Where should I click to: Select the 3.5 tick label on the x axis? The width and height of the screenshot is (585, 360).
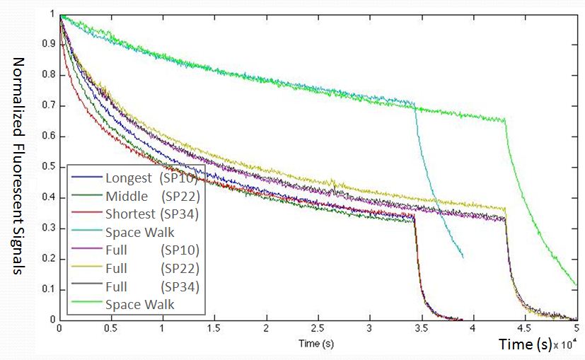[421, 329]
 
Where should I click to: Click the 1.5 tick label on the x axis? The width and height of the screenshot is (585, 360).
[214, 329]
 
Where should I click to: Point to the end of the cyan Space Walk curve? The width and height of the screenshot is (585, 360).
[463, 257]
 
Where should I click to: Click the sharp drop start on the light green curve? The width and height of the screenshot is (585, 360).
[505, 120]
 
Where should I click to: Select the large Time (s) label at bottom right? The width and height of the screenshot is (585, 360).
[525, 345]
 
